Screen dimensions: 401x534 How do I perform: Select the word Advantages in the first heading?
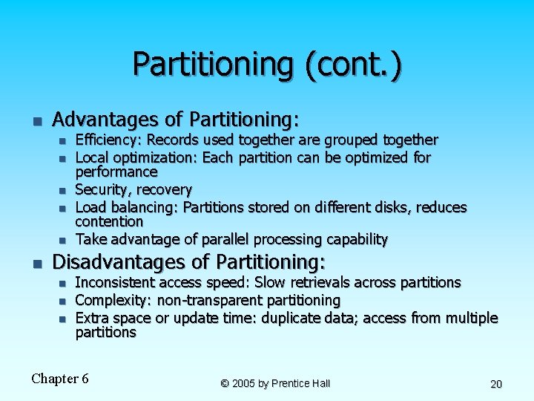(105, 119)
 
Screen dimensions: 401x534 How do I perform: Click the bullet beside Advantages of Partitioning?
(35, 120)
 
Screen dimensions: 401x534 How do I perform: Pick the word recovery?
(164, 189)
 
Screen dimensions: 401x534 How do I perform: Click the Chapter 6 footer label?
(60, 379)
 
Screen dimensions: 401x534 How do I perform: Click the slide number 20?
(496, 384)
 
